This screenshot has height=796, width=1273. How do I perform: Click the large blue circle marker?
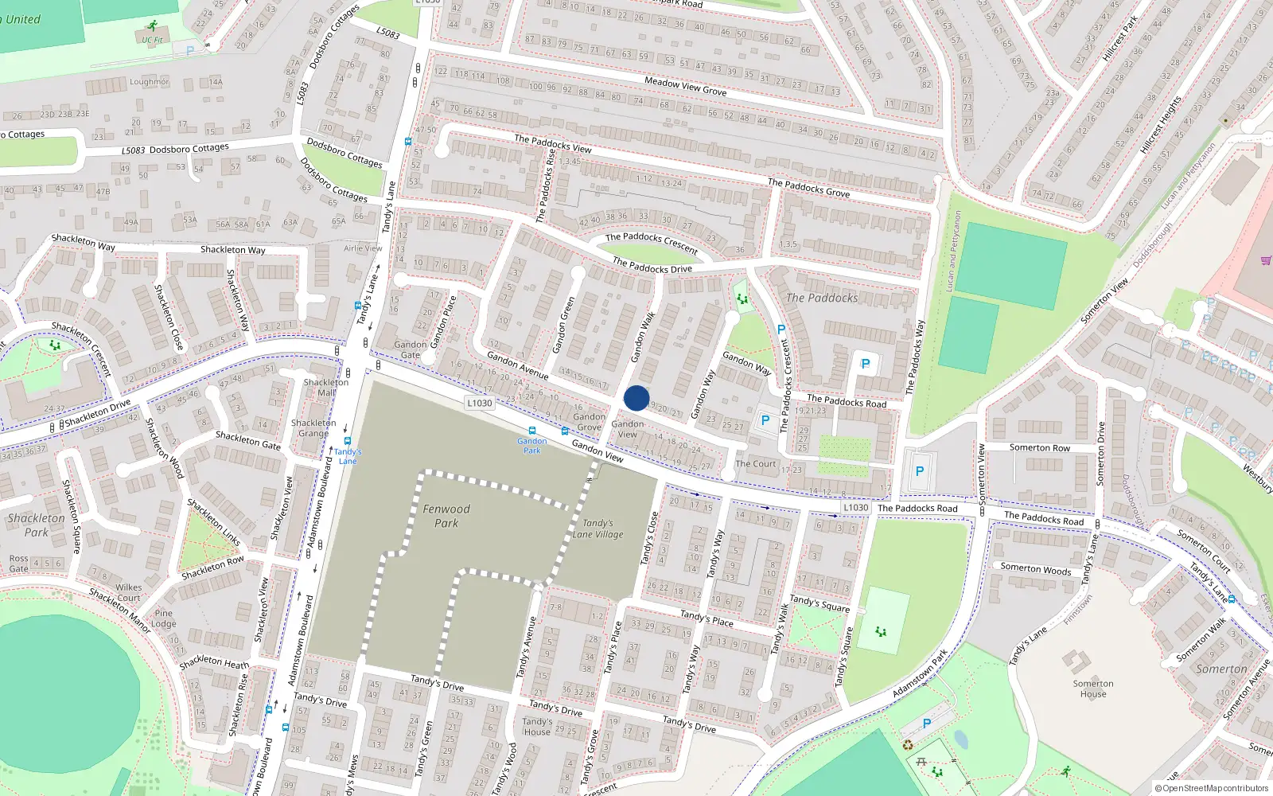pyautogui.click(x=636, y=398)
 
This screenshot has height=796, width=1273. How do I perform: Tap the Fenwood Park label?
pyautogui.click(x=446, y=516)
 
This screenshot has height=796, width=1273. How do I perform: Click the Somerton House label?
pyautogui.click(x=1093, y=689)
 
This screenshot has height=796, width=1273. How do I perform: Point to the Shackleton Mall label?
pyautogui.click(x=326, y=387)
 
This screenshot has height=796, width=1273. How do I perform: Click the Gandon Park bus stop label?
pyautogui.click(x=531, y=445)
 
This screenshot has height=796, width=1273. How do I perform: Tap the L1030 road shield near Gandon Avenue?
pyautogui.click(x=479, y=403)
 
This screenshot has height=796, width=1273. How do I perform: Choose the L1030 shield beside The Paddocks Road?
pyautogui.click(x=856, y=507)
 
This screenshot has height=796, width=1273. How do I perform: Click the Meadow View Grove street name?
pyautogui.click(x=685, y=86)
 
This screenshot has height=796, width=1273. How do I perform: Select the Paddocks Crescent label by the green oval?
pyautogui.click(x=652, y=242)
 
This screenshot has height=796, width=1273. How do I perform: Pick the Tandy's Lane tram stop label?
pyautogui.click(x=348, y=456)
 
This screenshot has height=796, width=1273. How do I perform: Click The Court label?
pyautogui.click(x=755, y=463)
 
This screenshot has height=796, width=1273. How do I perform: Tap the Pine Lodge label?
pyautogui.click(x=164, y=618)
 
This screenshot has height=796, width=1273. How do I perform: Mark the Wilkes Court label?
pyautogui.click(x=128, y=592)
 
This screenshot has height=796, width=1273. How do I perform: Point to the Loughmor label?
pyautogui.click(x=149, y=82)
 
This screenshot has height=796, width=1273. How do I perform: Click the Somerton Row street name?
pyautogui.click(x=1039, y=448)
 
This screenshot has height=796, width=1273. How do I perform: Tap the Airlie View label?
pyautogui.click(x=363, y=248)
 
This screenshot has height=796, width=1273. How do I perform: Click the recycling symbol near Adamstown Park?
pyautogui.click(x=908, y=745)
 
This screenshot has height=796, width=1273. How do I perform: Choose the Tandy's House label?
pyautogui.click(x=537, y=727)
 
